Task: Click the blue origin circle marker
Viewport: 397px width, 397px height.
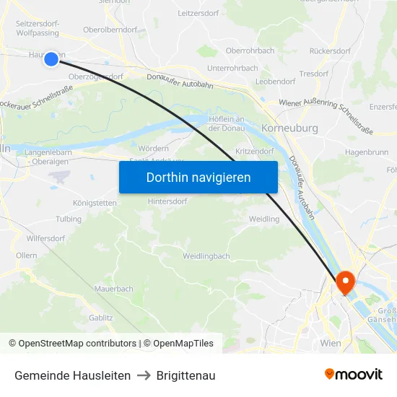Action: click(x=51, y=58)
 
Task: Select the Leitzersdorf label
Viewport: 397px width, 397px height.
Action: click(x=198, y=13)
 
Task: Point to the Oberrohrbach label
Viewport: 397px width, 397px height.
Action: click(x=250, y=51)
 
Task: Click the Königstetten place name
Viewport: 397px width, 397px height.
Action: click(x=95, y=203)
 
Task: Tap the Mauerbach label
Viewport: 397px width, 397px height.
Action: click(x=113, y=289)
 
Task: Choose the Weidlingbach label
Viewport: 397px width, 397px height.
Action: click(x=206, y=256)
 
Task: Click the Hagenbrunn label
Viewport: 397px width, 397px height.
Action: click(x=367, y=152)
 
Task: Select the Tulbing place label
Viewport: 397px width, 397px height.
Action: click(x=69, y=219)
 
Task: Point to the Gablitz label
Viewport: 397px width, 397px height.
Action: click(x=100, y=317)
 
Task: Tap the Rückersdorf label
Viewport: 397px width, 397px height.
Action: click(x=329, y=51)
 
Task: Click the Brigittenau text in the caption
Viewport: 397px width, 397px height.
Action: click(x=186, y=375)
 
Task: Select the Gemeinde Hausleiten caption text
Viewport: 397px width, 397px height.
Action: click(x=72, y=375)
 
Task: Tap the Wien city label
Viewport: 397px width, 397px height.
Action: click(x=331, y=343)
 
